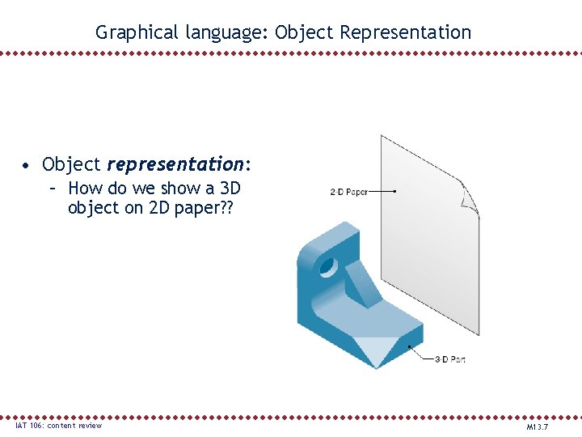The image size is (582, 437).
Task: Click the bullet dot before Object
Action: tap(27, 166)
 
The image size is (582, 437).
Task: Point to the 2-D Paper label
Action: tap(348, 192)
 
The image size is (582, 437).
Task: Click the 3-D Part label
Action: tap(449, 359)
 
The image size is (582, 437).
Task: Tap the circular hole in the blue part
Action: tap(329, 265)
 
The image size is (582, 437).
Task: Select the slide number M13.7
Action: tap(538, 426)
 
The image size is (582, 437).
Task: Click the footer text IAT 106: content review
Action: tap(58, 426)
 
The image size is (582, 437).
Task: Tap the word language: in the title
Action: tap(227, 33)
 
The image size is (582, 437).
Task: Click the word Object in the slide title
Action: tap(305, 33)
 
